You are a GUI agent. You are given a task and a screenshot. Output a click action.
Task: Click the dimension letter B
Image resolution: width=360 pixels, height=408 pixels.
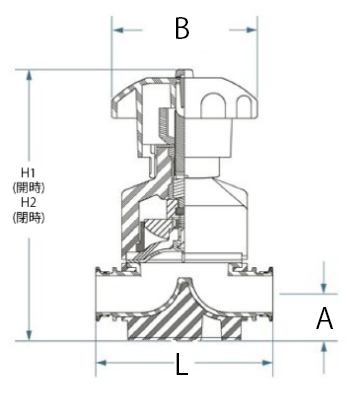[182, 28]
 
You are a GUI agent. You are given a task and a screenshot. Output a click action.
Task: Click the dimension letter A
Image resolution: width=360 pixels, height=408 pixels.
[324, 318]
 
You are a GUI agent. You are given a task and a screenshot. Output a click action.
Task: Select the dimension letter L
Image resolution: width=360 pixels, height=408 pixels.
[182, 364]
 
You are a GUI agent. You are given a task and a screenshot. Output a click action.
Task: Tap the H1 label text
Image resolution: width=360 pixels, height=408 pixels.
[28, 173]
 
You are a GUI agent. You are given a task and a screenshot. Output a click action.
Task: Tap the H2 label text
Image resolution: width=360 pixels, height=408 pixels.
[28, 202]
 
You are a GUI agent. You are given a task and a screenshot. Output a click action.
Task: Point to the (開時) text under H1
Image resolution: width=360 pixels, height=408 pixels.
[28, 187]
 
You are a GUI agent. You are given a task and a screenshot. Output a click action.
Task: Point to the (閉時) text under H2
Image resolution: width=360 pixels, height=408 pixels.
[28, 217]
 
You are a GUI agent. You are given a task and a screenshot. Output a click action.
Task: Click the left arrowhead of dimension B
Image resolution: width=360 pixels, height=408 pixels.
[118, 30]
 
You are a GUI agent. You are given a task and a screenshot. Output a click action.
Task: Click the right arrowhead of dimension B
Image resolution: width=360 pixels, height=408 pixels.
[252, 30]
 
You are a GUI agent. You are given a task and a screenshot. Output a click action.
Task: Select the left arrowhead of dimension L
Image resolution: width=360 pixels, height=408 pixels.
[101, 363]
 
